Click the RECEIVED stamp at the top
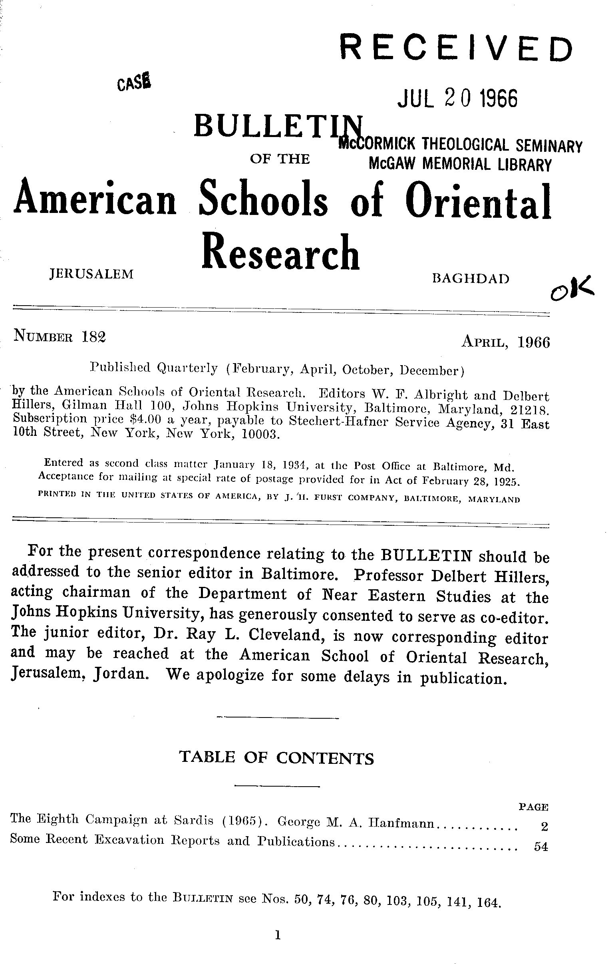click(456, 49)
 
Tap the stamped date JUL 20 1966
click(457, 99)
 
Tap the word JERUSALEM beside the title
click(91, 274)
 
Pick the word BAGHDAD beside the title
click(471, 278)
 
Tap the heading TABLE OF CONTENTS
click(277, 758)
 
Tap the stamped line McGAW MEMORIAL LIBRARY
click(460, 164)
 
